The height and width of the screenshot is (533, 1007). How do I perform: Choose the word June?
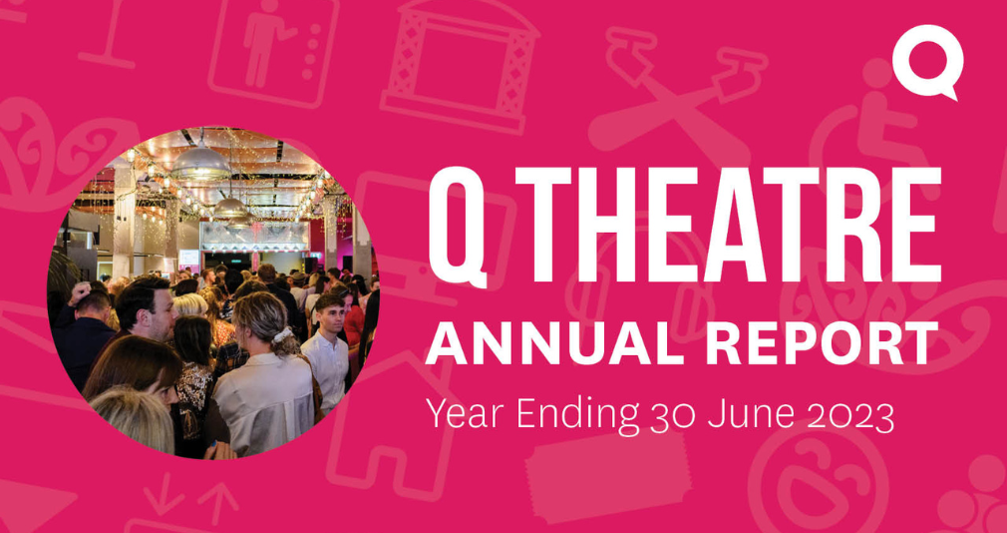(x=739, y=410)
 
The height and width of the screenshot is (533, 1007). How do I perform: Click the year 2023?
(x=846, y=410)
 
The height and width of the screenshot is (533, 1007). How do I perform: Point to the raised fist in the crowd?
(x=79, y=292)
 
